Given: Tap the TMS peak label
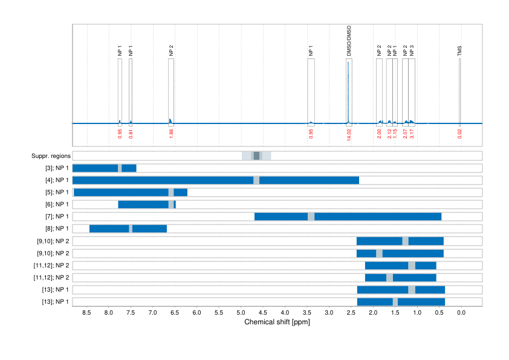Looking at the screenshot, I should click(459, 52).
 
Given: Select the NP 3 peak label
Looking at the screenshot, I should click(412, 50).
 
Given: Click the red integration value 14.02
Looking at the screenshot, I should click(349, 134).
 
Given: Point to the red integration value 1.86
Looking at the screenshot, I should click(171, 134).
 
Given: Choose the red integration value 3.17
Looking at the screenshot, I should click(412, 134).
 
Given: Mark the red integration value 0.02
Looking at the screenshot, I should click(459, 134).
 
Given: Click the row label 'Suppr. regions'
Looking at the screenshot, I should click(50, 156).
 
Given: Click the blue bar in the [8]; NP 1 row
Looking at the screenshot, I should click(109, 229).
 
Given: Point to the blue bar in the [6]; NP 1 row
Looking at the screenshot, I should click(143, 205).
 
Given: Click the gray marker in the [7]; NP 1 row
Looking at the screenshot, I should click(311, 217).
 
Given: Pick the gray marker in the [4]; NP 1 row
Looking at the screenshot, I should click(256, 180).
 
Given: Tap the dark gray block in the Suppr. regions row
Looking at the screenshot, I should click(256, 156).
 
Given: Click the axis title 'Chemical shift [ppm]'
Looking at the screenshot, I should click(277, 322).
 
